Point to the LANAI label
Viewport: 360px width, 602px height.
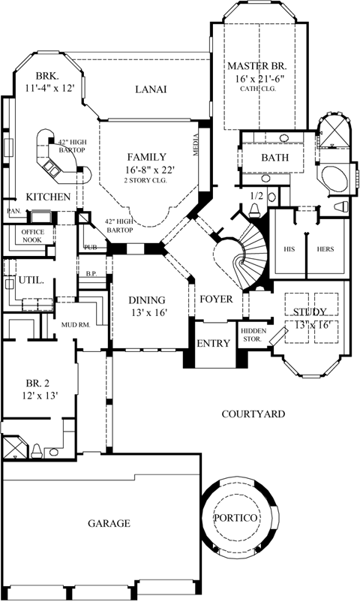click(150, 89)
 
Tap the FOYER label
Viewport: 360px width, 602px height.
click(215, 299)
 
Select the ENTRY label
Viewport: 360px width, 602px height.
click(213, 343)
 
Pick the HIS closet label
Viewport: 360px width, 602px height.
click(287, 248)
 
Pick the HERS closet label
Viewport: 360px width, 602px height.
click(326, 248)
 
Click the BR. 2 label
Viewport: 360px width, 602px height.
click(36, 381)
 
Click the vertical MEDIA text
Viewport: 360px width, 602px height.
click(196, 140)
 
